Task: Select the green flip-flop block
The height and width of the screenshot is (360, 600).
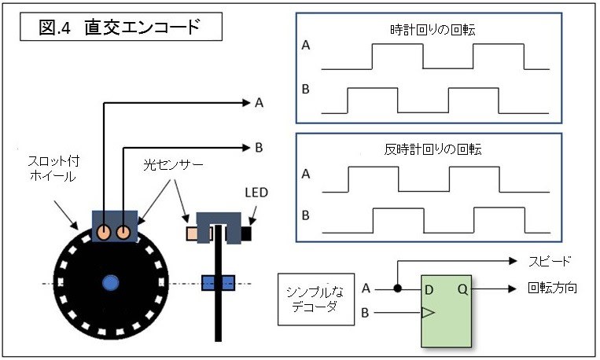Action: [x=447, y=310]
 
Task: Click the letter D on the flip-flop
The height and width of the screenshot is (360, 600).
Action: [x=429, y=288]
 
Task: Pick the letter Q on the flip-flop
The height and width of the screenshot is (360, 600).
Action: [x=462, y=288]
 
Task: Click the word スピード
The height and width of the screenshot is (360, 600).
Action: [x=548, y=260]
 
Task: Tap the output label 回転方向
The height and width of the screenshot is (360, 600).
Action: [x=553, y=288]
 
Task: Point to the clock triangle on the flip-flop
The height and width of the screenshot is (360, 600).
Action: [x=427, y=313]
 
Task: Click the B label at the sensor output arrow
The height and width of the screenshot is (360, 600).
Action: [x=259, y=146]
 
